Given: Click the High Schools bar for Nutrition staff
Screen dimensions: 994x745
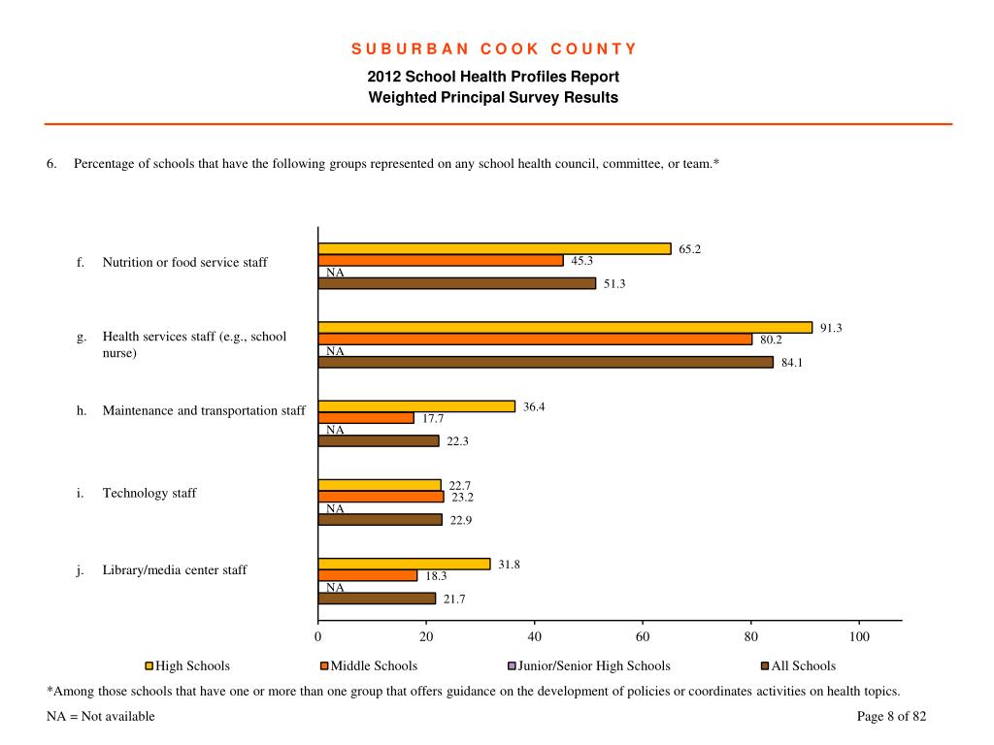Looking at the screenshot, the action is click(x=494, y=249).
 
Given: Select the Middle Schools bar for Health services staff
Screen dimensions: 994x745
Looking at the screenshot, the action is click(x=535, y=340).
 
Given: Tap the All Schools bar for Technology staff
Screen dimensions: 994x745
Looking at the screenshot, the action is click(x=381, y=520).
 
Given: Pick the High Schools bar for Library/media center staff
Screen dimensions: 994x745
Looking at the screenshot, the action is click(x=405, y=564).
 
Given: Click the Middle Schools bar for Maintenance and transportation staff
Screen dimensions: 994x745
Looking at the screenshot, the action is click(x=366, y=418).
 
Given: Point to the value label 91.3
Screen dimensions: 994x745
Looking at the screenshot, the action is click(x=831, y=328).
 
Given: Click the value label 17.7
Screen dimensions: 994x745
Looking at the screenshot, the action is click(x=433, y=419).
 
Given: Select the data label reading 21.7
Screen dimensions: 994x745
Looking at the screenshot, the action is click(x=454, y=599).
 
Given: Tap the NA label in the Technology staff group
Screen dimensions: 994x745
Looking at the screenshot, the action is click(x=335, y=508).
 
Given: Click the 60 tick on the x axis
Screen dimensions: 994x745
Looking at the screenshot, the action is click(x=643, y=636).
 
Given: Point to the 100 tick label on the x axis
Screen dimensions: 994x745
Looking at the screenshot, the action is click(x=859, y=636).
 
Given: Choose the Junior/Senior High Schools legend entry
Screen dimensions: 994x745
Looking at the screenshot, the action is click(x=589, y=665).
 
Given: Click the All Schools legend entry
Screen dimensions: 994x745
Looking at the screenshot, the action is click(x=798, y=665).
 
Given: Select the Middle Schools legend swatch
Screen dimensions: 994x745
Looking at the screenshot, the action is click(x=324, y=666).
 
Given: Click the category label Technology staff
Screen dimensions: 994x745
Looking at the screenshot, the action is click(x=149, y=493).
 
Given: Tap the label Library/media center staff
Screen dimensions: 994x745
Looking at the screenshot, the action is click(x=175, y=570).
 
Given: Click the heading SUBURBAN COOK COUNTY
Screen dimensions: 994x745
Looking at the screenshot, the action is click(x=494, y=49).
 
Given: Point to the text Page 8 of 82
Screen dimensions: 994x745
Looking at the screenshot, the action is click(x=891, y=717).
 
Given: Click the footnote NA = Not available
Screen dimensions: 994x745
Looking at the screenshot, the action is click(x=101, y=717).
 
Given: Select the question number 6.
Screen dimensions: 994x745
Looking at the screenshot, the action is click(x=51, y=163).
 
